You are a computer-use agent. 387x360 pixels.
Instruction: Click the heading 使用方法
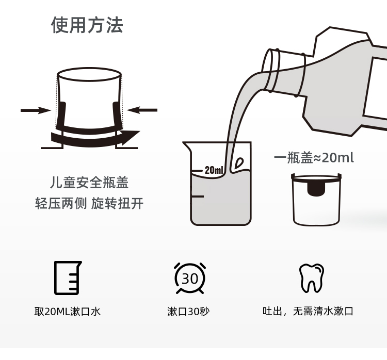87,25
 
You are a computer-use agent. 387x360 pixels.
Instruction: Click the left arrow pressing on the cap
36,110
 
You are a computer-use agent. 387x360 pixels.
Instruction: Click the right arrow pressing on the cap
142,110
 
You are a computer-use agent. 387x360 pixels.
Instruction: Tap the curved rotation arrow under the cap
95,139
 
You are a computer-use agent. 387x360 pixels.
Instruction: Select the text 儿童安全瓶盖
89,183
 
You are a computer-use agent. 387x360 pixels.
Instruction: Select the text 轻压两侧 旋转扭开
89,203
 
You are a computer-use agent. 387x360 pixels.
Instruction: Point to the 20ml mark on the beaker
214,170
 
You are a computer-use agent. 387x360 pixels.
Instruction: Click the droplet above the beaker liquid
239,163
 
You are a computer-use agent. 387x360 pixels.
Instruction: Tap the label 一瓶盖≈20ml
314,158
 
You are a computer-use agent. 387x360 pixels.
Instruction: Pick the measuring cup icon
68,278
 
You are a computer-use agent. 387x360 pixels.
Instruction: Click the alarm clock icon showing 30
190,278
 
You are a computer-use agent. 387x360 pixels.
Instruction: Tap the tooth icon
312,278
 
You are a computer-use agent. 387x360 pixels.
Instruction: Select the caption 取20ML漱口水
68,312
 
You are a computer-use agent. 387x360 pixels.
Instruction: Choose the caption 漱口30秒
188,312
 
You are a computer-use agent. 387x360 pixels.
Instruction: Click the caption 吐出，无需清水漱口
308,311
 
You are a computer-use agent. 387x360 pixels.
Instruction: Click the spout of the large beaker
187,146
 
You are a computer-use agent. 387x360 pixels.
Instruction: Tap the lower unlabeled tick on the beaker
197,197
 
